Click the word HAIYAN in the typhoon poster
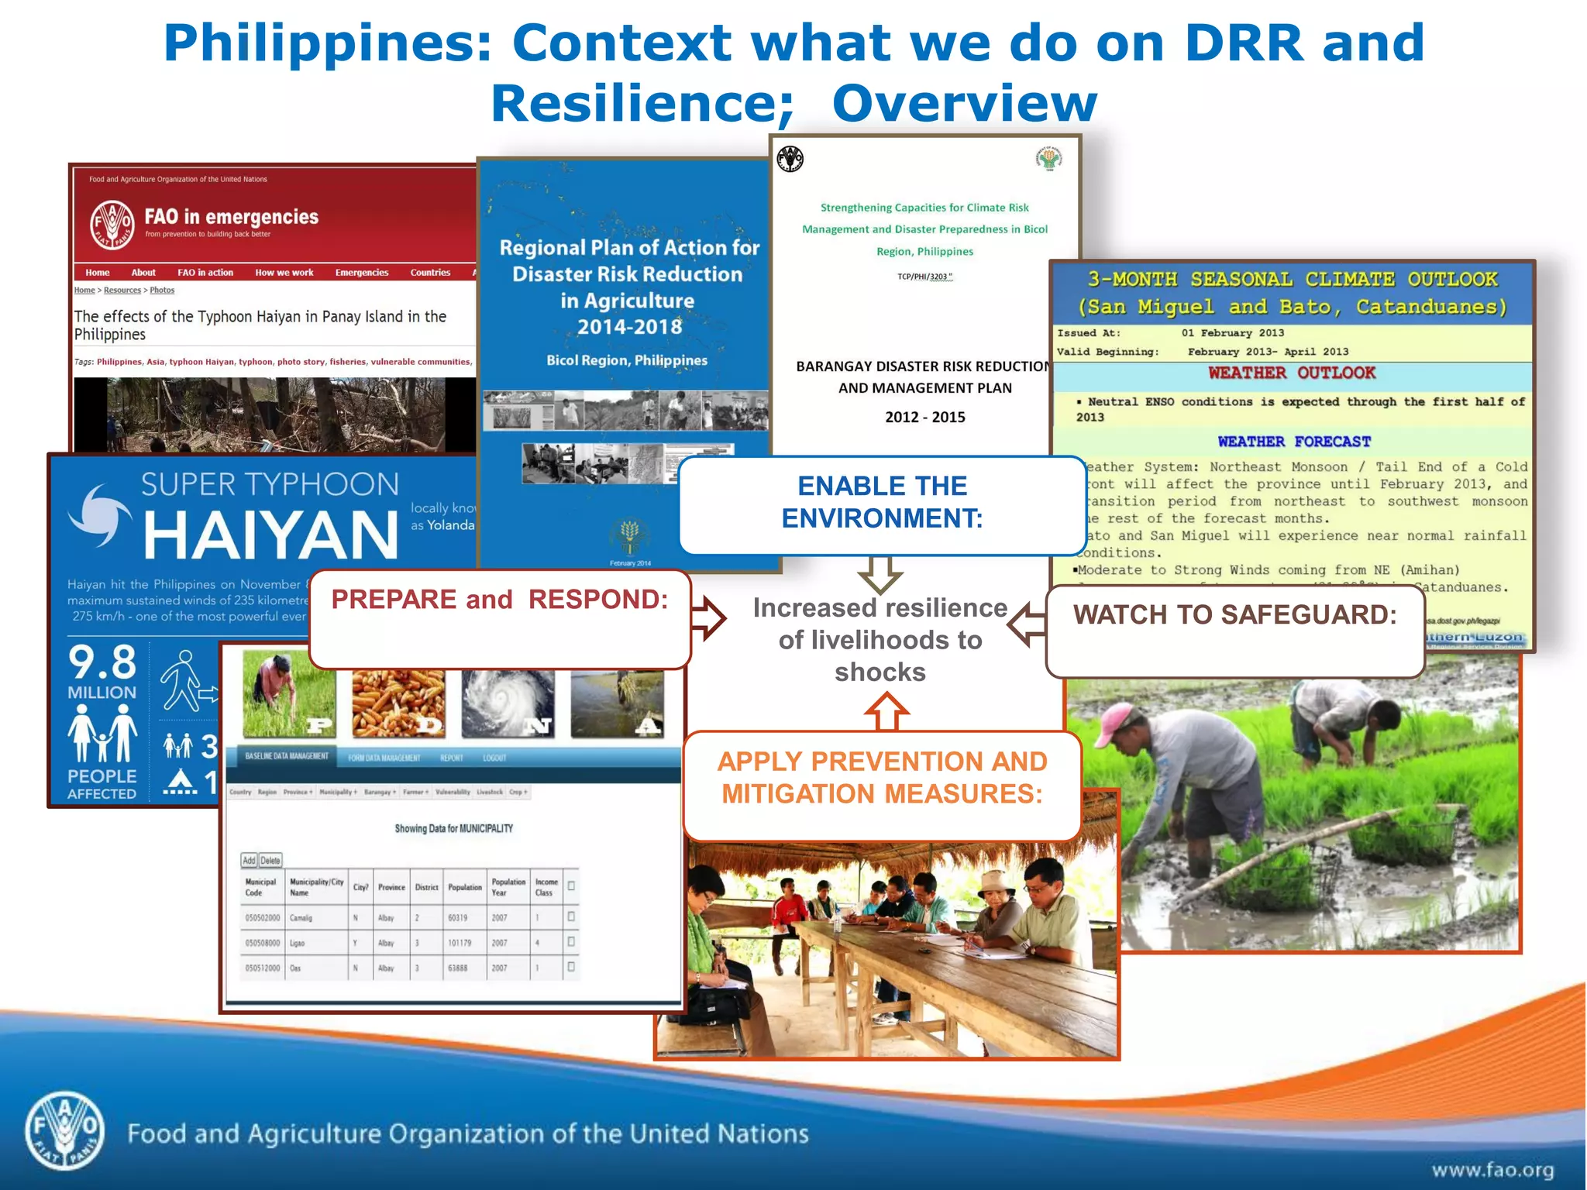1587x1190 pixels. [x=270, y=535]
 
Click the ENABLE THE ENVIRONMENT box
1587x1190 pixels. [x=882, y=504]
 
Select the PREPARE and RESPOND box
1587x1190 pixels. [x=499, y=617]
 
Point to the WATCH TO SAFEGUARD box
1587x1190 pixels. [x=1234, y=630]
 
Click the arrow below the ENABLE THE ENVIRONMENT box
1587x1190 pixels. [x=881, y=574]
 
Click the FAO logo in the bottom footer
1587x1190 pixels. [x=65, y=1133]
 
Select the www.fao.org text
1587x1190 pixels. [x=1492, y=1169]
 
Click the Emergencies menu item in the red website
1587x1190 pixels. [x=362, y=273]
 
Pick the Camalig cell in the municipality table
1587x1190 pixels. [x=301, y=918]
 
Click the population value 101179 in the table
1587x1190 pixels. [x=460, y=944]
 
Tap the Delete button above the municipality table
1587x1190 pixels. [x=270, y=861]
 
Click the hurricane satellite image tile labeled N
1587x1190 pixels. [x=508, y=703]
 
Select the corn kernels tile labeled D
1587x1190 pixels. [x=398, y=703]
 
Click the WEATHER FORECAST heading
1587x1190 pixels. [x=1293, y=442]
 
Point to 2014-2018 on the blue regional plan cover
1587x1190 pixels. [x=628, y=327]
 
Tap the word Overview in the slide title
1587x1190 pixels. [x=964, y=103]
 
